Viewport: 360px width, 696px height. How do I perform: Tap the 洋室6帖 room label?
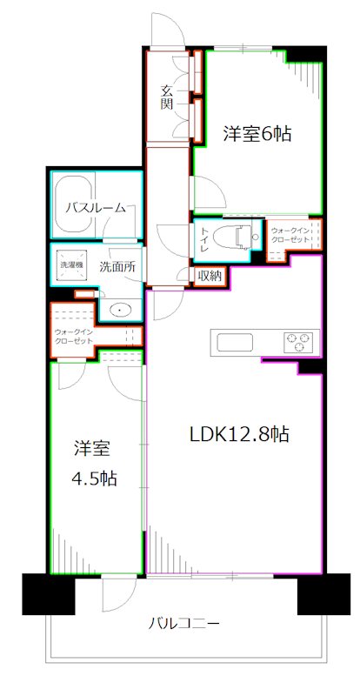[x=257, y=134]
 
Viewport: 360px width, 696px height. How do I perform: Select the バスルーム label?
[x=101, y=208]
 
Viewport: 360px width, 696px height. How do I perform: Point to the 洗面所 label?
[x=116, y=267]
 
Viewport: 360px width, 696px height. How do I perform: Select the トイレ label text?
[x=203, y=238]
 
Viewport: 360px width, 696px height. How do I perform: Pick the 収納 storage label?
[x=209, y=277]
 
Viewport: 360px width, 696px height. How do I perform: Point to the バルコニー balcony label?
[x=183, y=624]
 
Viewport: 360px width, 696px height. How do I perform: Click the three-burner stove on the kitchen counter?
[x=296, y=342]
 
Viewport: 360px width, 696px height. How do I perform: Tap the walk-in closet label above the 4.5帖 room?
[x=73, y=336]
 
